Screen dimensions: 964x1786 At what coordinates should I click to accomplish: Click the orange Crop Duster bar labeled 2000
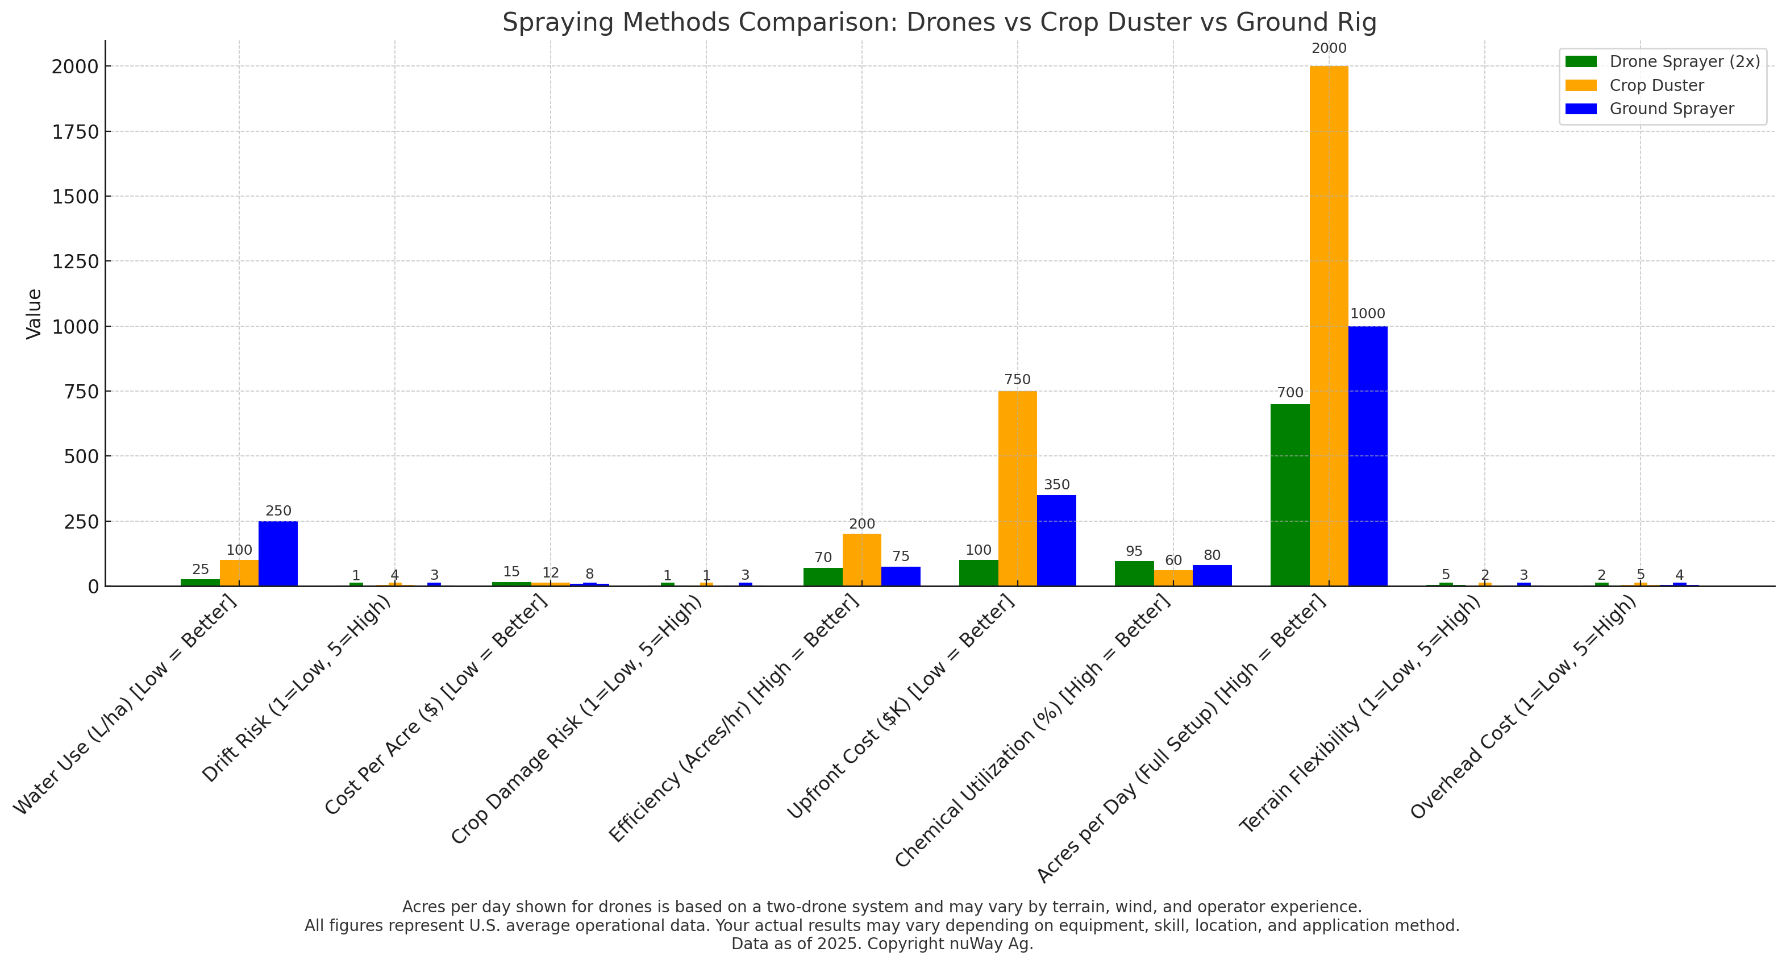1329,326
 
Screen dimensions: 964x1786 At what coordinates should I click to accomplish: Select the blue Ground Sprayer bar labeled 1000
1367,456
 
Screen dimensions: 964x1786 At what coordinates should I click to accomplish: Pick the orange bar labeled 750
1017,488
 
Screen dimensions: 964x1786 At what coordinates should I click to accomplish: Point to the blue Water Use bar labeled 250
278,554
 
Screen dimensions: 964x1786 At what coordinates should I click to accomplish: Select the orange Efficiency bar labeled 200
862,560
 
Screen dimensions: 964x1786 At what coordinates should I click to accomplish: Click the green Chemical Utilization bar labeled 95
1134,574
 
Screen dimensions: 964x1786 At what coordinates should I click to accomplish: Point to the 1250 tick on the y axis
76,261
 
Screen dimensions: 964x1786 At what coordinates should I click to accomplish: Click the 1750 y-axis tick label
76,132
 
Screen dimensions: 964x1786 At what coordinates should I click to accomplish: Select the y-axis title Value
34,314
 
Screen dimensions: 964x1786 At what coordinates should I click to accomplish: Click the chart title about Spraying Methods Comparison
939,22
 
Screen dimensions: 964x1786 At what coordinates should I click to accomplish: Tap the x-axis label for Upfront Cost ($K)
901,708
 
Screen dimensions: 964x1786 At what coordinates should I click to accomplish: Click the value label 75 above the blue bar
901,556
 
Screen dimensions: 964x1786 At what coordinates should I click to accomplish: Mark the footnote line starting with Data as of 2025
882,944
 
